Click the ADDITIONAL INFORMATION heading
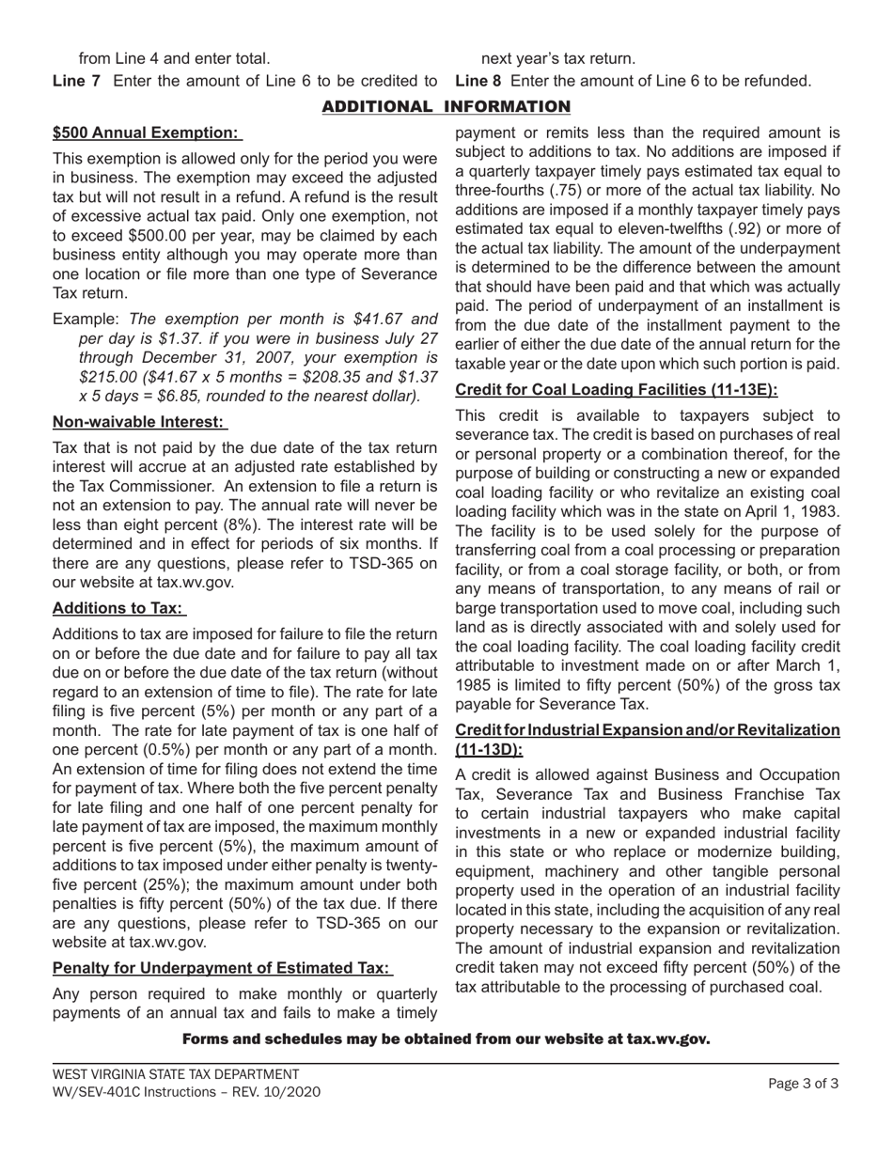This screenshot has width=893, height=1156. point(446,107)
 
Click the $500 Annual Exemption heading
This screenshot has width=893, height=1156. point(146,133)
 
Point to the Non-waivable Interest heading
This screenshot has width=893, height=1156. point(139,422)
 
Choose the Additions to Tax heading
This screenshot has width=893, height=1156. point(118,608)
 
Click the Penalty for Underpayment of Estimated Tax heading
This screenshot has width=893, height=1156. point(221,968)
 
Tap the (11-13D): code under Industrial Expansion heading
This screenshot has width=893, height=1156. point(489,749)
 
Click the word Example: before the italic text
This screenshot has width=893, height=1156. point(86,320)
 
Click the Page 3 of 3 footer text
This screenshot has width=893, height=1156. point(803,1084)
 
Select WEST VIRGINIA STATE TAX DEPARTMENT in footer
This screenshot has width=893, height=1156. point(176,1074)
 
